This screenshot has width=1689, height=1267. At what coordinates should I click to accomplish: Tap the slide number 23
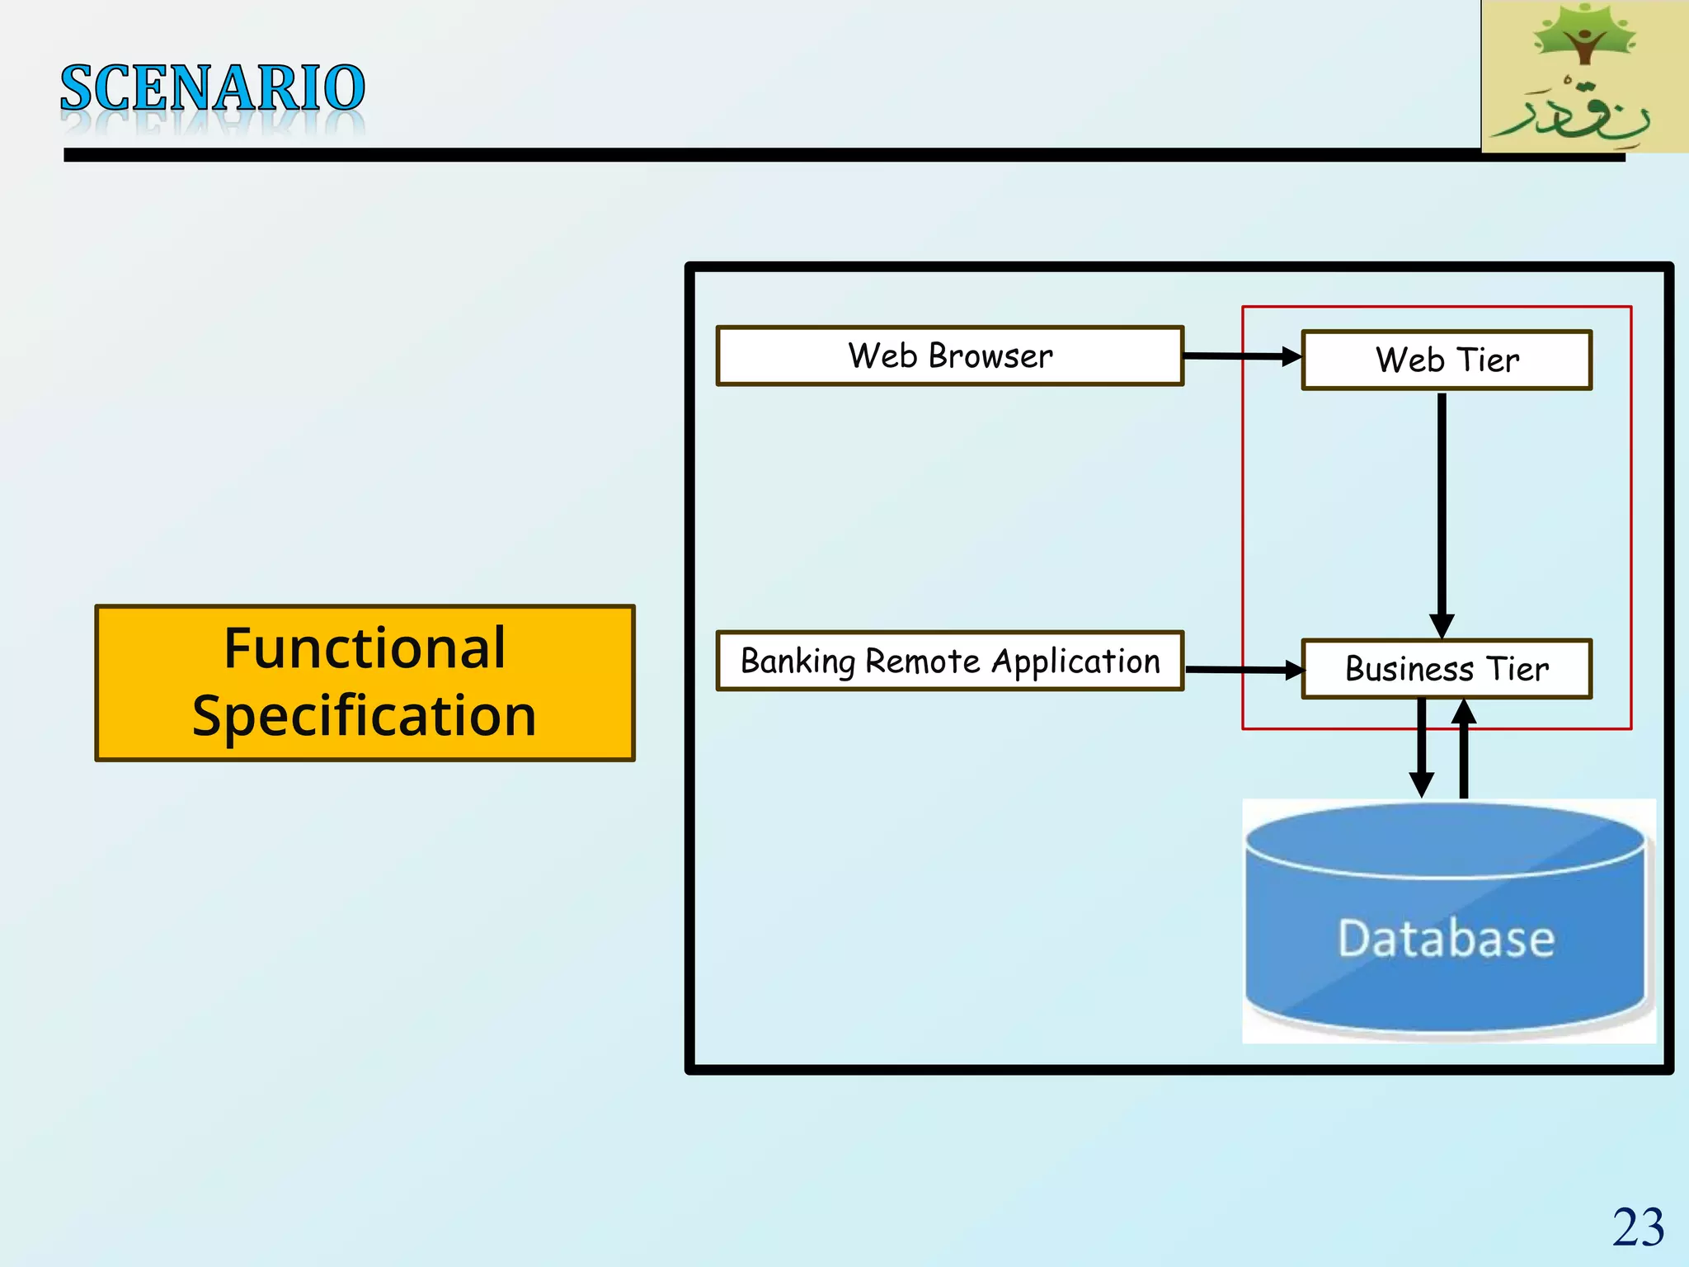1638,1227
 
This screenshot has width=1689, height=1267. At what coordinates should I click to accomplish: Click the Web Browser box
949,356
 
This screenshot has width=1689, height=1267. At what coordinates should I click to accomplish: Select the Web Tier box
1447,360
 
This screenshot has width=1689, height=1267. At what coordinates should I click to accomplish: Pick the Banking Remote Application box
949,661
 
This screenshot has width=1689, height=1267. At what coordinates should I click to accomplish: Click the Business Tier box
1447,668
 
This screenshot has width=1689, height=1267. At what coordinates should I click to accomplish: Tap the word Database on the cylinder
1446,938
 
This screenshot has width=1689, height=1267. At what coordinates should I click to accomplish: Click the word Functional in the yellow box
365,648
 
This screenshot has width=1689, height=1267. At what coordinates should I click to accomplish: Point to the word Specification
365,715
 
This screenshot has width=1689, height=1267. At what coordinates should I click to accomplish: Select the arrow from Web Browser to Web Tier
1241,356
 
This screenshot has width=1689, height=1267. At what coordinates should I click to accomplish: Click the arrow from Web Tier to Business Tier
1442,511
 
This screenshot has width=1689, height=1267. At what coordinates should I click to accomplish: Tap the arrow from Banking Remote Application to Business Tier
1244,670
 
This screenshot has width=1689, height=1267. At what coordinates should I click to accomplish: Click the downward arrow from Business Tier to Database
1421,747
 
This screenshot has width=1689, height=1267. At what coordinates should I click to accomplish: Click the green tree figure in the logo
1583,37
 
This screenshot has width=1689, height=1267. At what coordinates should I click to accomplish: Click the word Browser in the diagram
990,356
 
